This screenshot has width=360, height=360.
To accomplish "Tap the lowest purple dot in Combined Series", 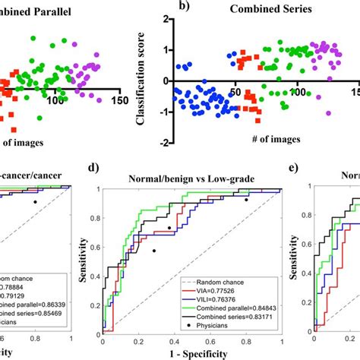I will [328, 112].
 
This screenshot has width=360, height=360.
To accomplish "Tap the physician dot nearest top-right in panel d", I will [245, 199].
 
